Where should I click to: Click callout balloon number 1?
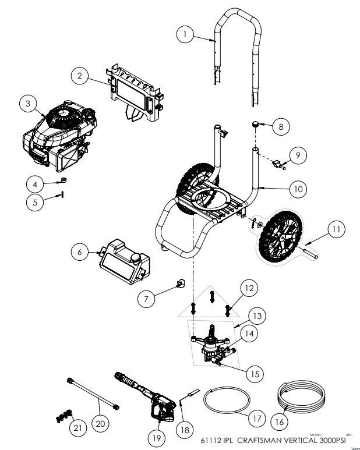185,35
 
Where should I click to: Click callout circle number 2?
80,75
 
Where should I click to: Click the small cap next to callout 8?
255,124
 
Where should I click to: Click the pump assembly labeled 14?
212,347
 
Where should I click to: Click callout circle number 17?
255,417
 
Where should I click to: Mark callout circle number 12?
249,288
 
